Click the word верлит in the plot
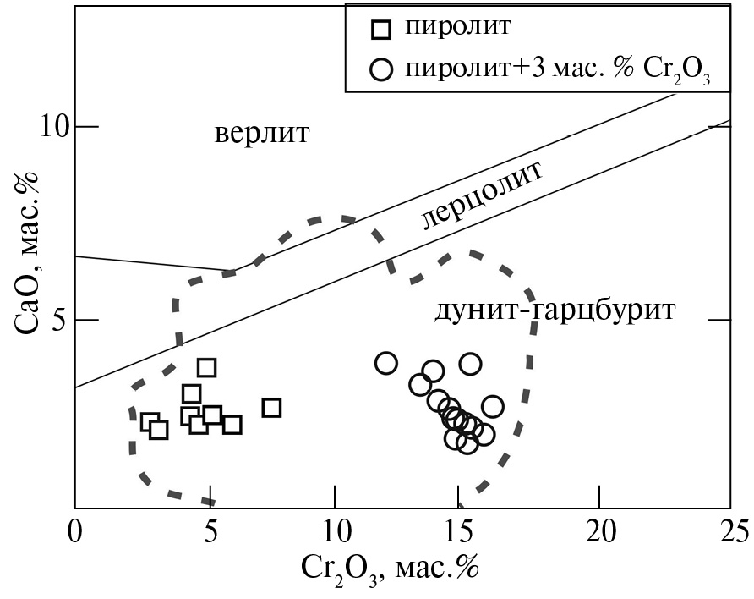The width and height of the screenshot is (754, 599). pyautogui.click(x=262, y=134)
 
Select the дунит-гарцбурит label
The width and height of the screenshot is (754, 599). pyautogui.click(x=555, y=310)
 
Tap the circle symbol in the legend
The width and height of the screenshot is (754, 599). pyautogui.click(x=382, y=69)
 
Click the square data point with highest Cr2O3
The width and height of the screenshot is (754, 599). pyautogui.click(x=271, y=408)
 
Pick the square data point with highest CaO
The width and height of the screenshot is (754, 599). pyautogui.click(x=206, y=367)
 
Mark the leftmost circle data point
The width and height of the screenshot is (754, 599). pyautogui.click(x=386, y=363)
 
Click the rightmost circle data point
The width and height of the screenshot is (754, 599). pyautogui.click(x=493, y=407)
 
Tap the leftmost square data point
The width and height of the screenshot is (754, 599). pyautogui.click(x=150, y=421)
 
